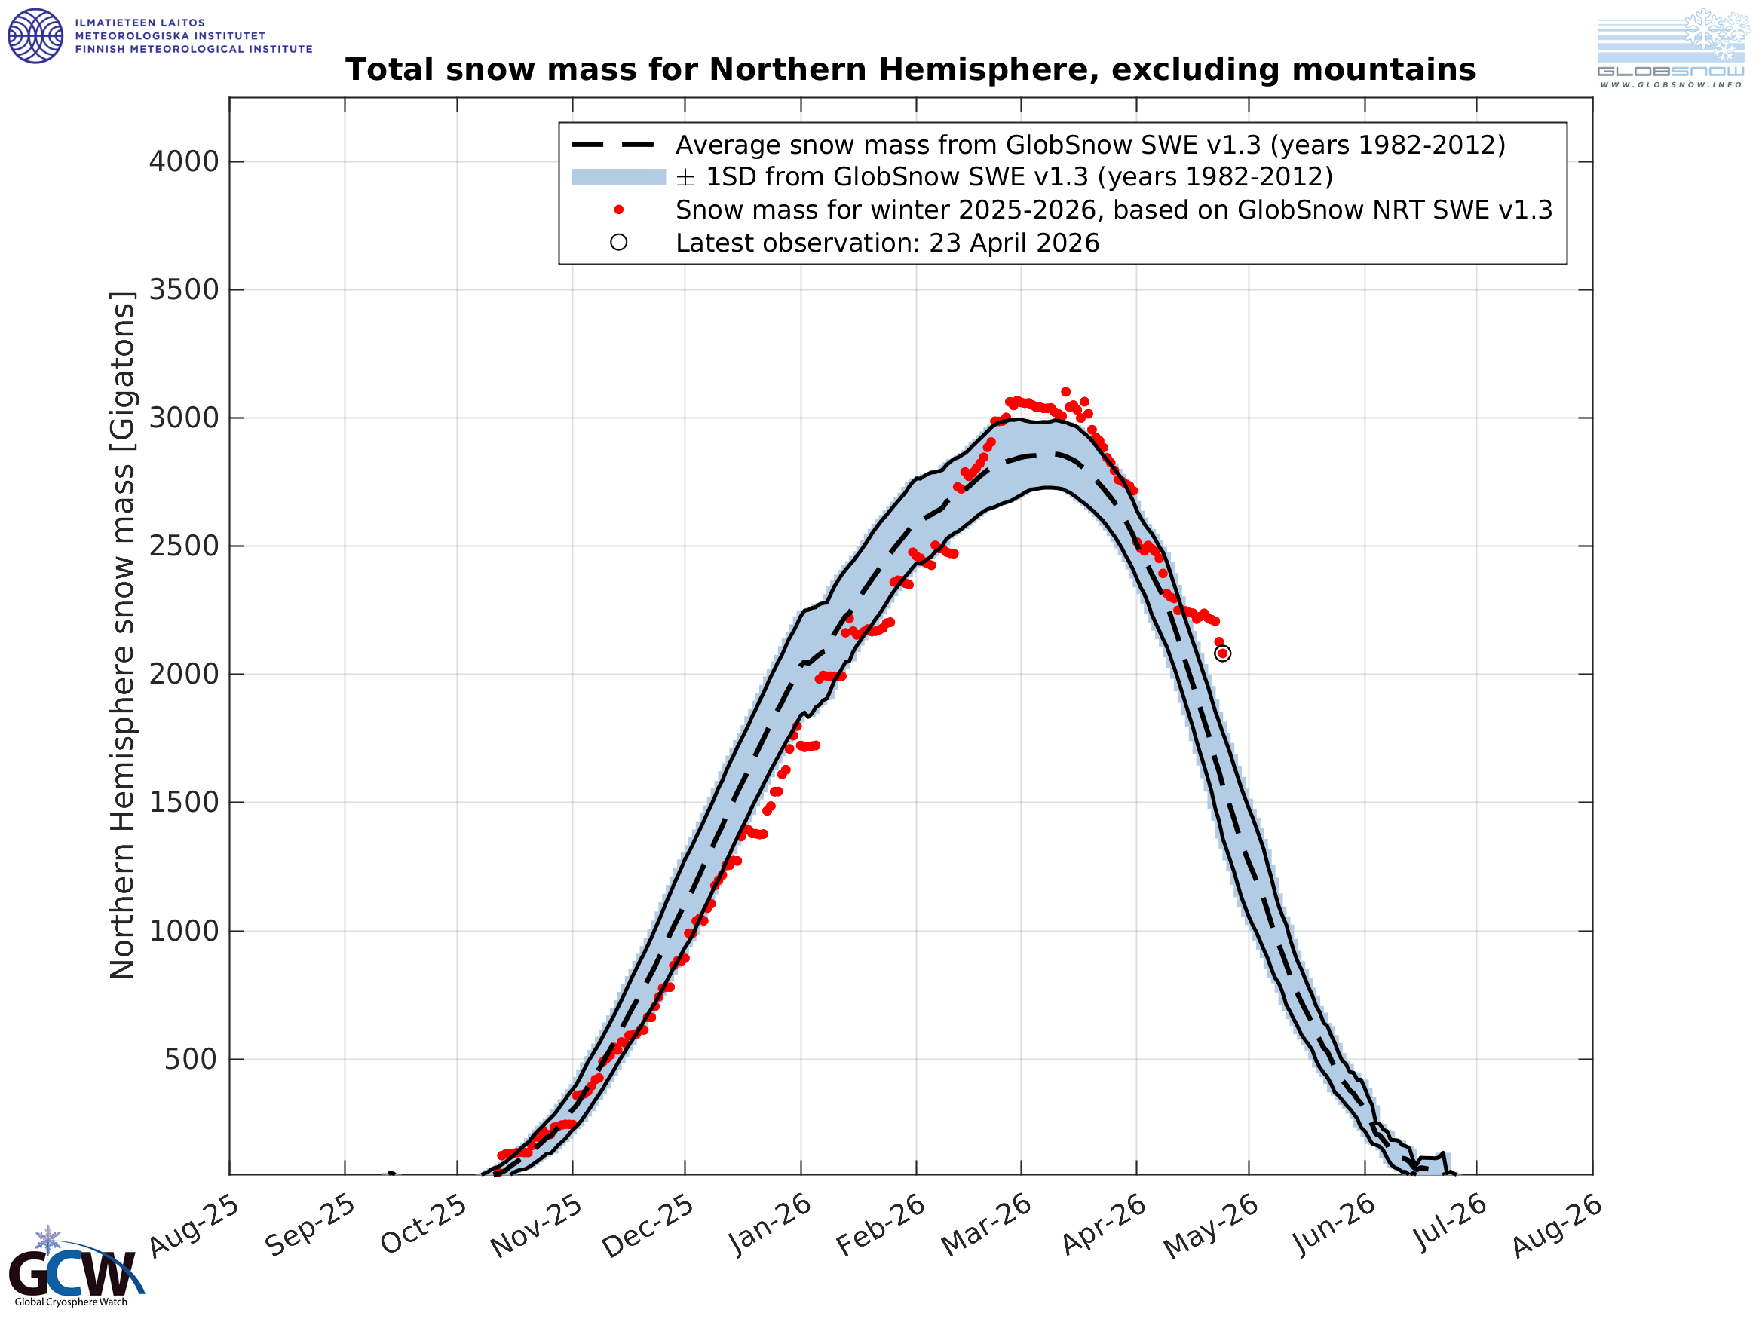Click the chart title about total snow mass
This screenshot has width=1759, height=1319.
tap(910, 70)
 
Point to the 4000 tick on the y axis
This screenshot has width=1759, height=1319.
tap(184, 161)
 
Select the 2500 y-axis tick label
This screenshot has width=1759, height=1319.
tap(184, 546)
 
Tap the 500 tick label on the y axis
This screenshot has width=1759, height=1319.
tap(190, 1060)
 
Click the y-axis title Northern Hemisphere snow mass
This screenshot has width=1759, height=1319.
tap(122, 636)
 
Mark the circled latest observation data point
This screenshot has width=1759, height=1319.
tap(1223, 653)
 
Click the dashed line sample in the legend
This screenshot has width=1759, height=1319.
tap(613, 145)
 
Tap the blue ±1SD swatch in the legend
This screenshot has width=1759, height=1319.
tap(618, 176)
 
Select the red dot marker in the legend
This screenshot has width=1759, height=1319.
tap(619, 210)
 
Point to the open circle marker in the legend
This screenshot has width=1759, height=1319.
tap(619, 243)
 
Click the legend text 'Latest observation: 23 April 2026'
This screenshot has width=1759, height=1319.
tap(887, 243)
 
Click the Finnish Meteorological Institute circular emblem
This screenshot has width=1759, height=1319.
tap(35, 35)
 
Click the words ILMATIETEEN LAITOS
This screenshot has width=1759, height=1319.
tap(140, 23)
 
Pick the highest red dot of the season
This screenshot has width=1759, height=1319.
tap(1065, 392)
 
